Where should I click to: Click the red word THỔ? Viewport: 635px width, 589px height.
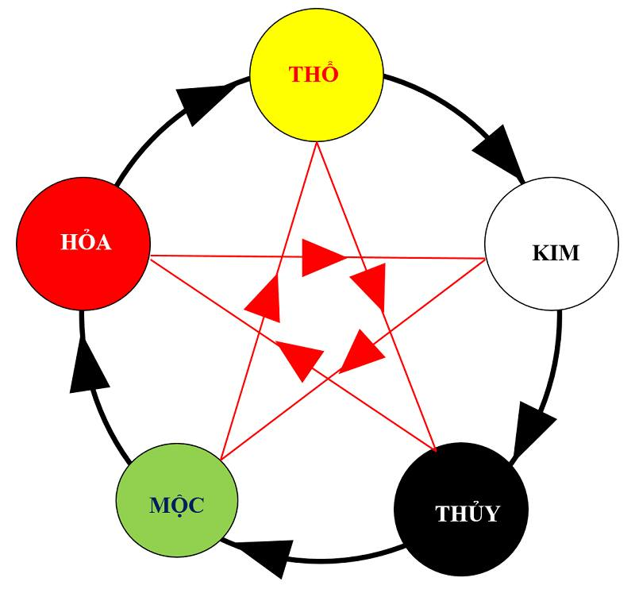pos(314,75)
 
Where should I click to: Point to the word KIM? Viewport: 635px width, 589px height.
pos(556,253)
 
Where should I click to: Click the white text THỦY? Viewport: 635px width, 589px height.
pos(468,514)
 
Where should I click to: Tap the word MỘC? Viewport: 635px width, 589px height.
pos(176,505)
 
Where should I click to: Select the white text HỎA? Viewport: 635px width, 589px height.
pos(86,242)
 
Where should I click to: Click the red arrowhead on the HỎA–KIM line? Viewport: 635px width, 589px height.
pos(321,257)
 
